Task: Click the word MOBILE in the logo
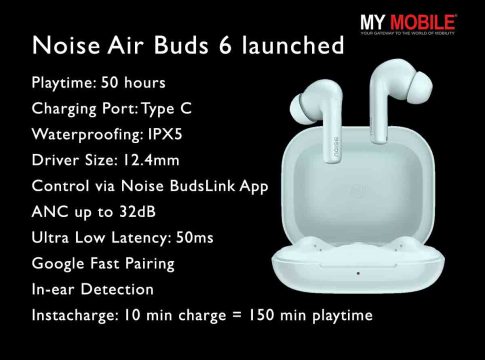(x=422, y=22)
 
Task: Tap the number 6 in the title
(x=225, y=45)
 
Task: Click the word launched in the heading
(x=293, y=45)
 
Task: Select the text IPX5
(x=165, y=134)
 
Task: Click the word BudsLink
(x=202, y=186)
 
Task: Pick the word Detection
(x=117, y=289)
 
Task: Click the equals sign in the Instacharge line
(x=236, y=315)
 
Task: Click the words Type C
(x=167, y=109)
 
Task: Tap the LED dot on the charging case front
(x=358, y=273)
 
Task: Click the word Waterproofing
(x=87, y=135)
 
